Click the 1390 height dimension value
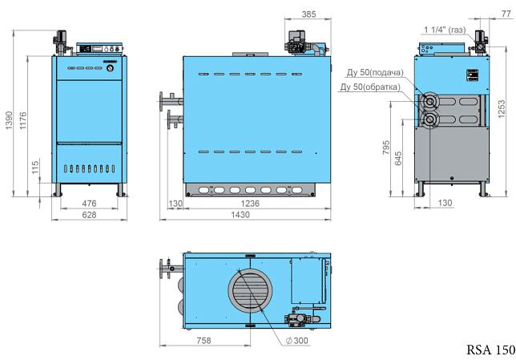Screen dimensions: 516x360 coord(9,120)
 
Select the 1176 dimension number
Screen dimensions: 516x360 coord(23,120)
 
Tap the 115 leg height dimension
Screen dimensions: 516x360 coord(35,167)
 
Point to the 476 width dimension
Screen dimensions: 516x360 coord(89,203)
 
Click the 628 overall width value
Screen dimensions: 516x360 coord(89,215)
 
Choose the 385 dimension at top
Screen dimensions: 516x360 coord(308,14)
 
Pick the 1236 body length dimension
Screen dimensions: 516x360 coord(250,204)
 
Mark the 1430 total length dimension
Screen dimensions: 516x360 coord(240,215)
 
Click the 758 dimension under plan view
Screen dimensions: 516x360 coord(204,341)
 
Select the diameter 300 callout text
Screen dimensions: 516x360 coord(296,341)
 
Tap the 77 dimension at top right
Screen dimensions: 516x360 coord(506,14)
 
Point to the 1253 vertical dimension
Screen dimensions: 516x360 coord(502,109)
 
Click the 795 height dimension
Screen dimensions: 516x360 coord(386,148)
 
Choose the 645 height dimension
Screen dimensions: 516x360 coord(398,158)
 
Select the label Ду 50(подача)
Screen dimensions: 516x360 coord(375,72)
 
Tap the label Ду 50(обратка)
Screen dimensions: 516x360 coord(370,87)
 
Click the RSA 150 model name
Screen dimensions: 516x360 coord(490,350)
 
